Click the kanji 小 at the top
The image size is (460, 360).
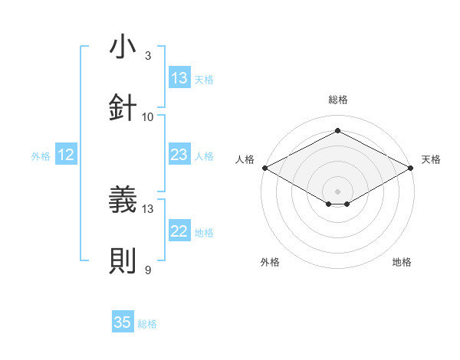coord(123,47)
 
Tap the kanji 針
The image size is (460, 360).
coord(123,106)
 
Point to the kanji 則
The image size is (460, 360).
coord(123,260)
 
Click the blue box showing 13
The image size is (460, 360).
coord(179,78)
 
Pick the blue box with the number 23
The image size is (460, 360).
coord(179,155)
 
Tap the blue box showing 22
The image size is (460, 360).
coord(179,231)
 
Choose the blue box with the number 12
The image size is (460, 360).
coord(66,155)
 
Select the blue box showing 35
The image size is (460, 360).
coord(123,322)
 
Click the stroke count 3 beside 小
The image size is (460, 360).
coord(148,55)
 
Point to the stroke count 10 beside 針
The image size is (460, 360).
coord(148,116)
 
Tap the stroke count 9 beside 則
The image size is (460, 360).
coord(148,270)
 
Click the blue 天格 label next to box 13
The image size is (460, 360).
coord(204,80)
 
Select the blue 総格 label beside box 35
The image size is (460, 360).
coord(147,324)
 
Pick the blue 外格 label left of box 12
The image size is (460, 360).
coord(41,156)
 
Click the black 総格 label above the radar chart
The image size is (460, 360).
coord(338,100)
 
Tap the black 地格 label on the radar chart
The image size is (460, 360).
coord(402,262)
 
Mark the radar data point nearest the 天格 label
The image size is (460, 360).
coord(412,168)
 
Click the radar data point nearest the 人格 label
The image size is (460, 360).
coord(264,168)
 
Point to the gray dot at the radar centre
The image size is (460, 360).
coord(338,190)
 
